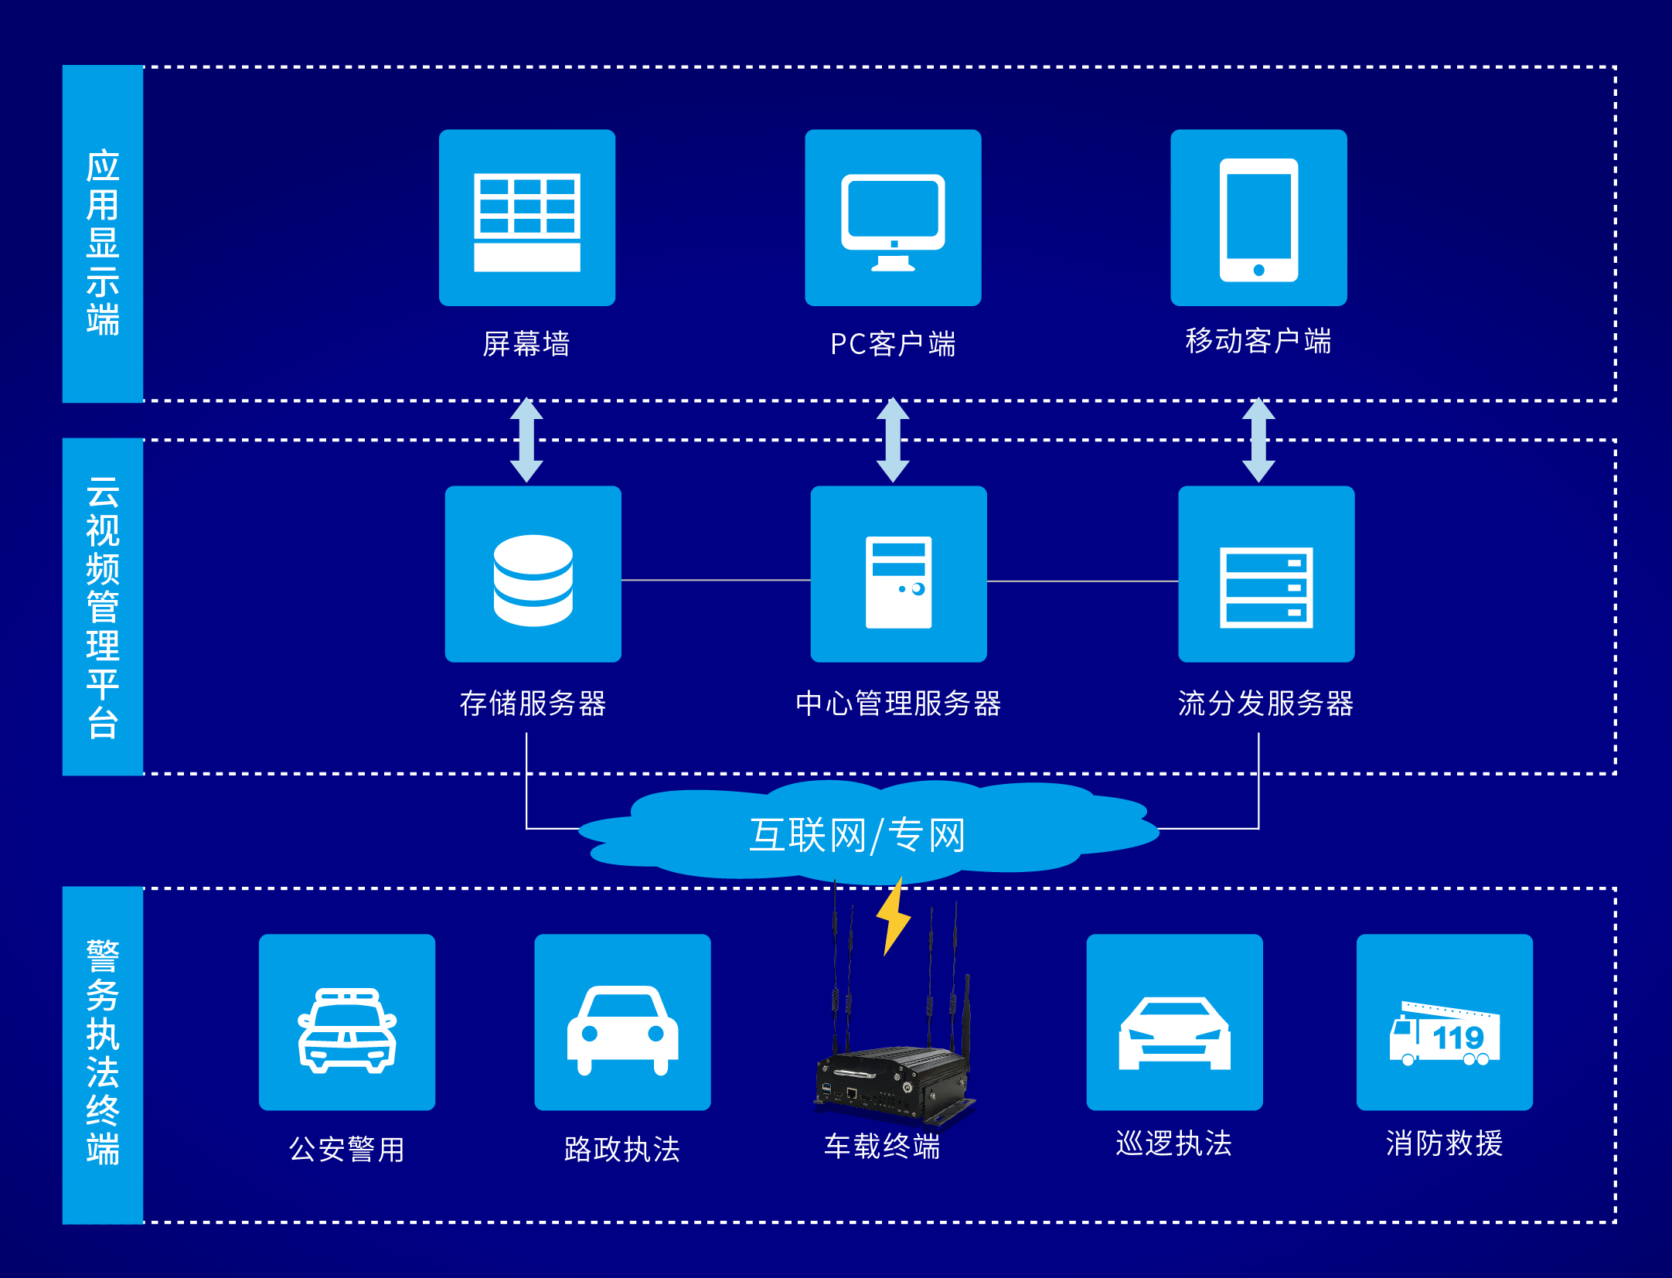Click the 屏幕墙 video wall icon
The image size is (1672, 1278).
[527, 220]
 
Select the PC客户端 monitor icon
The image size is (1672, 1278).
[893, 220]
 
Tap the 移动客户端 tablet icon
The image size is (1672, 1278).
[1258, 219]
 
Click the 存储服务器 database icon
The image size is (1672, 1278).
[533, 580]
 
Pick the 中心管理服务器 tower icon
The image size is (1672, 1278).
[898, 581]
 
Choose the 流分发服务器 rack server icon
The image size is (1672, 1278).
[1266, 588]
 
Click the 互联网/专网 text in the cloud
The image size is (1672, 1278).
[857, 835]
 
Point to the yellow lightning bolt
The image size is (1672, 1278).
[894, 917]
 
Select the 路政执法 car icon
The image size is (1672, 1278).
[622, 1029]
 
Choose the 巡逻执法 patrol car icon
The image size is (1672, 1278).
[1174, 1032]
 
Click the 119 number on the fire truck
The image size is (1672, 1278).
[1458, 1038]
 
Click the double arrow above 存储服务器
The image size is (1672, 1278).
[526, 440]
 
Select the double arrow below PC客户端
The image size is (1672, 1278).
[893, 440]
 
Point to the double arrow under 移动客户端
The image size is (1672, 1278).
[1258, 440]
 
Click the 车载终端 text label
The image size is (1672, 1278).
[882, 1146]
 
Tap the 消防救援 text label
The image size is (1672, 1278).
[1444, 1143]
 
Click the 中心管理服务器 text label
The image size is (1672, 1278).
[898, 704]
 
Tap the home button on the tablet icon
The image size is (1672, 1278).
[1258, 270]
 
